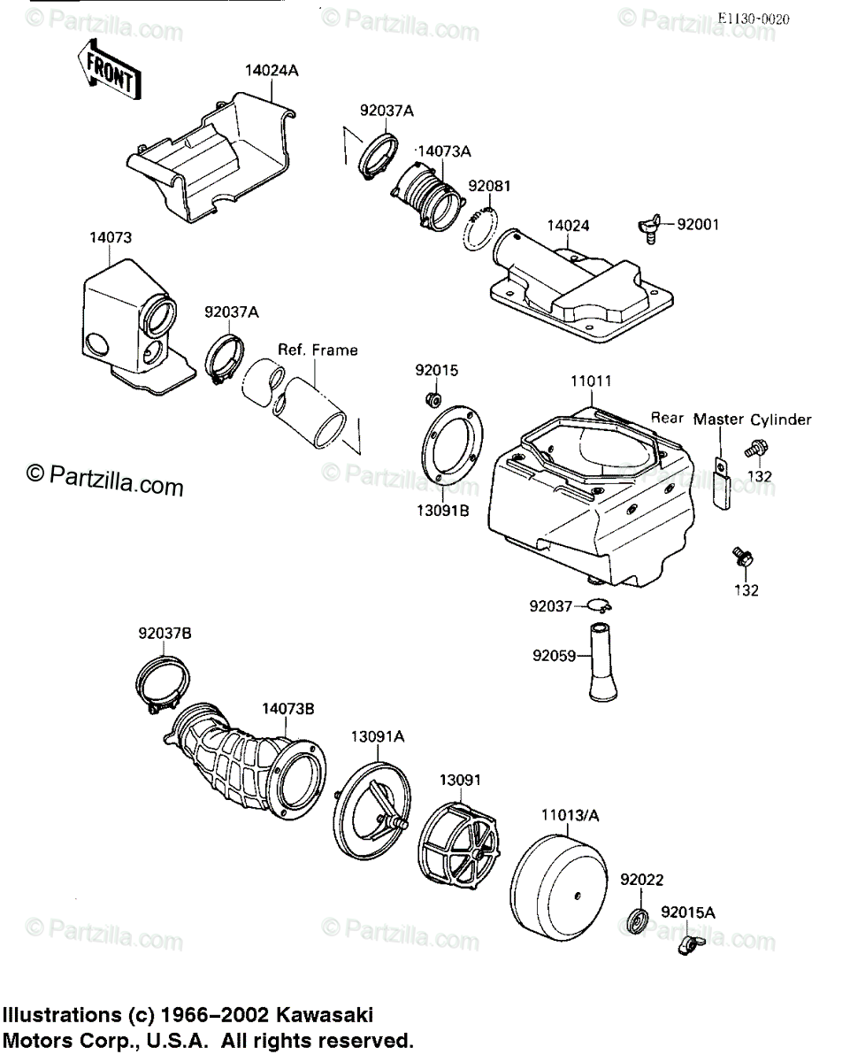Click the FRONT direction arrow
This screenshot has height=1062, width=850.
110,70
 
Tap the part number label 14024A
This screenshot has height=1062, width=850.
272,71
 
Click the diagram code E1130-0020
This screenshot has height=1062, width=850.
754,19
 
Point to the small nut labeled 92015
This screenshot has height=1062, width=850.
433,399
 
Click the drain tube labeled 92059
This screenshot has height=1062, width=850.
603,662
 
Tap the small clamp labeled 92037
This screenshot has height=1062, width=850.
601,604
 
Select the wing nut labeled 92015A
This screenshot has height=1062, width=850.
691,944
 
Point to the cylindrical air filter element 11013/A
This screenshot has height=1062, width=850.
558,889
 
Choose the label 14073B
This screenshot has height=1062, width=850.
288,709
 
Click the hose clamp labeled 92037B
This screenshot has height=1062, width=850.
162,685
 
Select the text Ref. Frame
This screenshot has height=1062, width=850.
318,350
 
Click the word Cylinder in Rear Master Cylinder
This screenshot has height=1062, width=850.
781,420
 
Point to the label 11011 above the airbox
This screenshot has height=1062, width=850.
591,381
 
